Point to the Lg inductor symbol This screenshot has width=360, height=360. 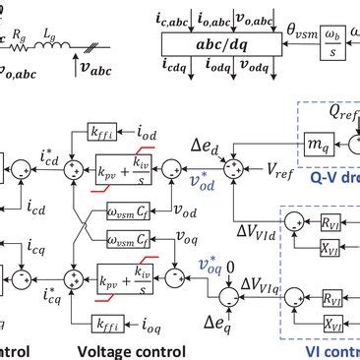[47, 42]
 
